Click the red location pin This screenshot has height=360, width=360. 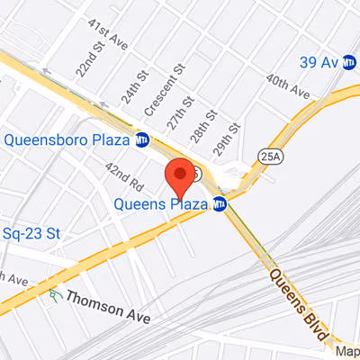pos(180,175)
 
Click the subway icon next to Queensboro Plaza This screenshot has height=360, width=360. pos(142,139)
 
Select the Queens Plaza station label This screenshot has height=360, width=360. pos(163,203)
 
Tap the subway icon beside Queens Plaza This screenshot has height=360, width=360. pos(220,203)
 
